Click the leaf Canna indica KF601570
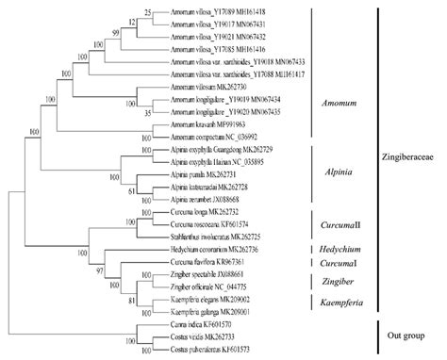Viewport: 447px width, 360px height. point(201,323)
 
